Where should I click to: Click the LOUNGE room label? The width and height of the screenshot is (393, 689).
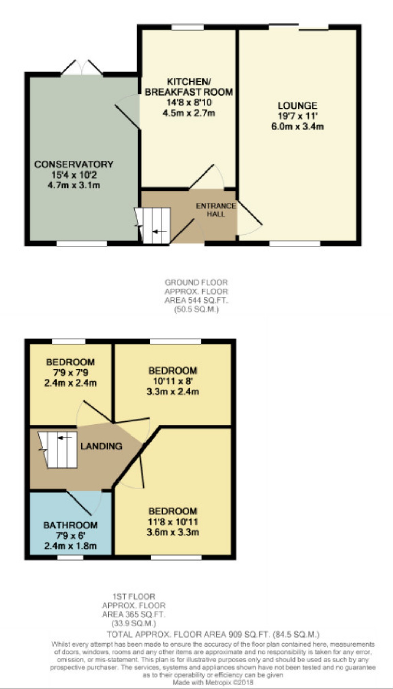tap(297, 105)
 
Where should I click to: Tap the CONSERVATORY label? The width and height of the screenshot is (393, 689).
tap(74, 164)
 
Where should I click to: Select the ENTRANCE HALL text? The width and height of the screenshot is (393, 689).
tap(216, 210)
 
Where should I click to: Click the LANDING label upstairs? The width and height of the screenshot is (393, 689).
tap(101, 446)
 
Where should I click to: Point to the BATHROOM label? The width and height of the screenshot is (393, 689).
tap(70, 525)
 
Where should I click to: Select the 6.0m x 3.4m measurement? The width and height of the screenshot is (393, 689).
tap(297, 127)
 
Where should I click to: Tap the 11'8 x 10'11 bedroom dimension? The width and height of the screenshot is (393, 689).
tap(173, 522)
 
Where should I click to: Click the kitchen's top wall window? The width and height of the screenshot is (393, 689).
tap(188, 27)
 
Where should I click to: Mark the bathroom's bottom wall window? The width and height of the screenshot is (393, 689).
tap(70, 557)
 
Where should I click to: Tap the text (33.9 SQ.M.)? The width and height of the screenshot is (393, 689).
tap(133, 624)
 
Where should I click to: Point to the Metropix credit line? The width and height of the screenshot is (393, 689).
tap(213, 683)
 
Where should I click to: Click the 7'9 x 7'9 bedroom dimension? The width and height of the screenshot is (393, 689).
tap(70, 373)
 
